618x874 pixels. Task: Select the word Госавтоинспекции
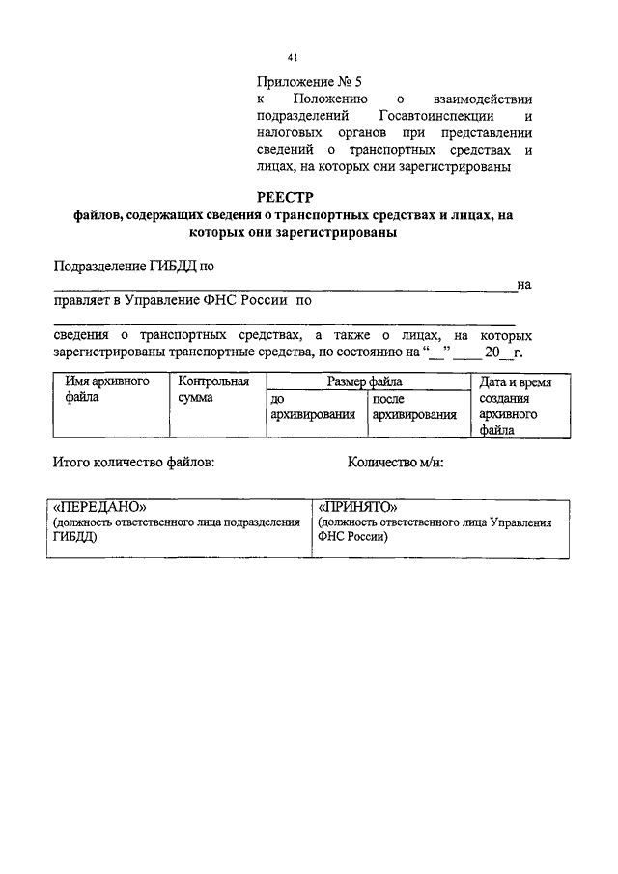tap(420, 117)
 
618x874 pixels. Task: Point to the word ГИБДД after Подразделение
tap(173, 266)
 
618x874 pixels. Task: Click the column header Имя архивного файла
tap(107, 389)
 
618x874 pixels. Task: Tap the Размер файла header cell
tap(366, 382)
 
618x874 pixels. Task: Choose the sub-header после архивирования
tap(414, 407)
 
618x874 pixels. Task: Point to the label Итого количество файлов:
tap(134, 462)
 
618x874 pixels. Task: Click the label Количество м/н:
tap(395, 462)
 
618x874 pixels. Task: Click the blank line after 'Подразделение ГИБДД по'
tap(285, 286)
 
